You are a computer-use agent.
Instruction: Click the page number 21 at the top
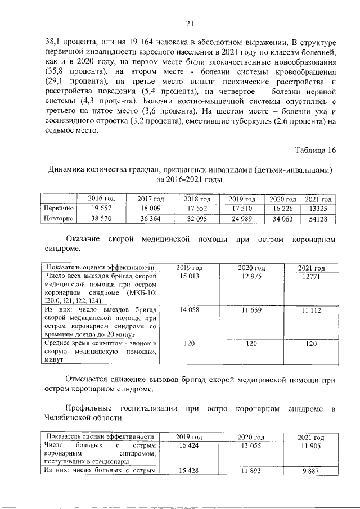click(190, 23)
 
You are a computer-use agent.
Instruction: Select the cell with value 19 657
click(102, 208)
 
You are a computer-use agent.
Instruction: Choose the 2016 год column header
click(102, 199)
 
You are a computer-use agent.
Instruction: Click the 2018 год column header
click(197, 199)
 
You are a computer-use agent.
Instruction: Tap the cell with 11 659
click(253, 310)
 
